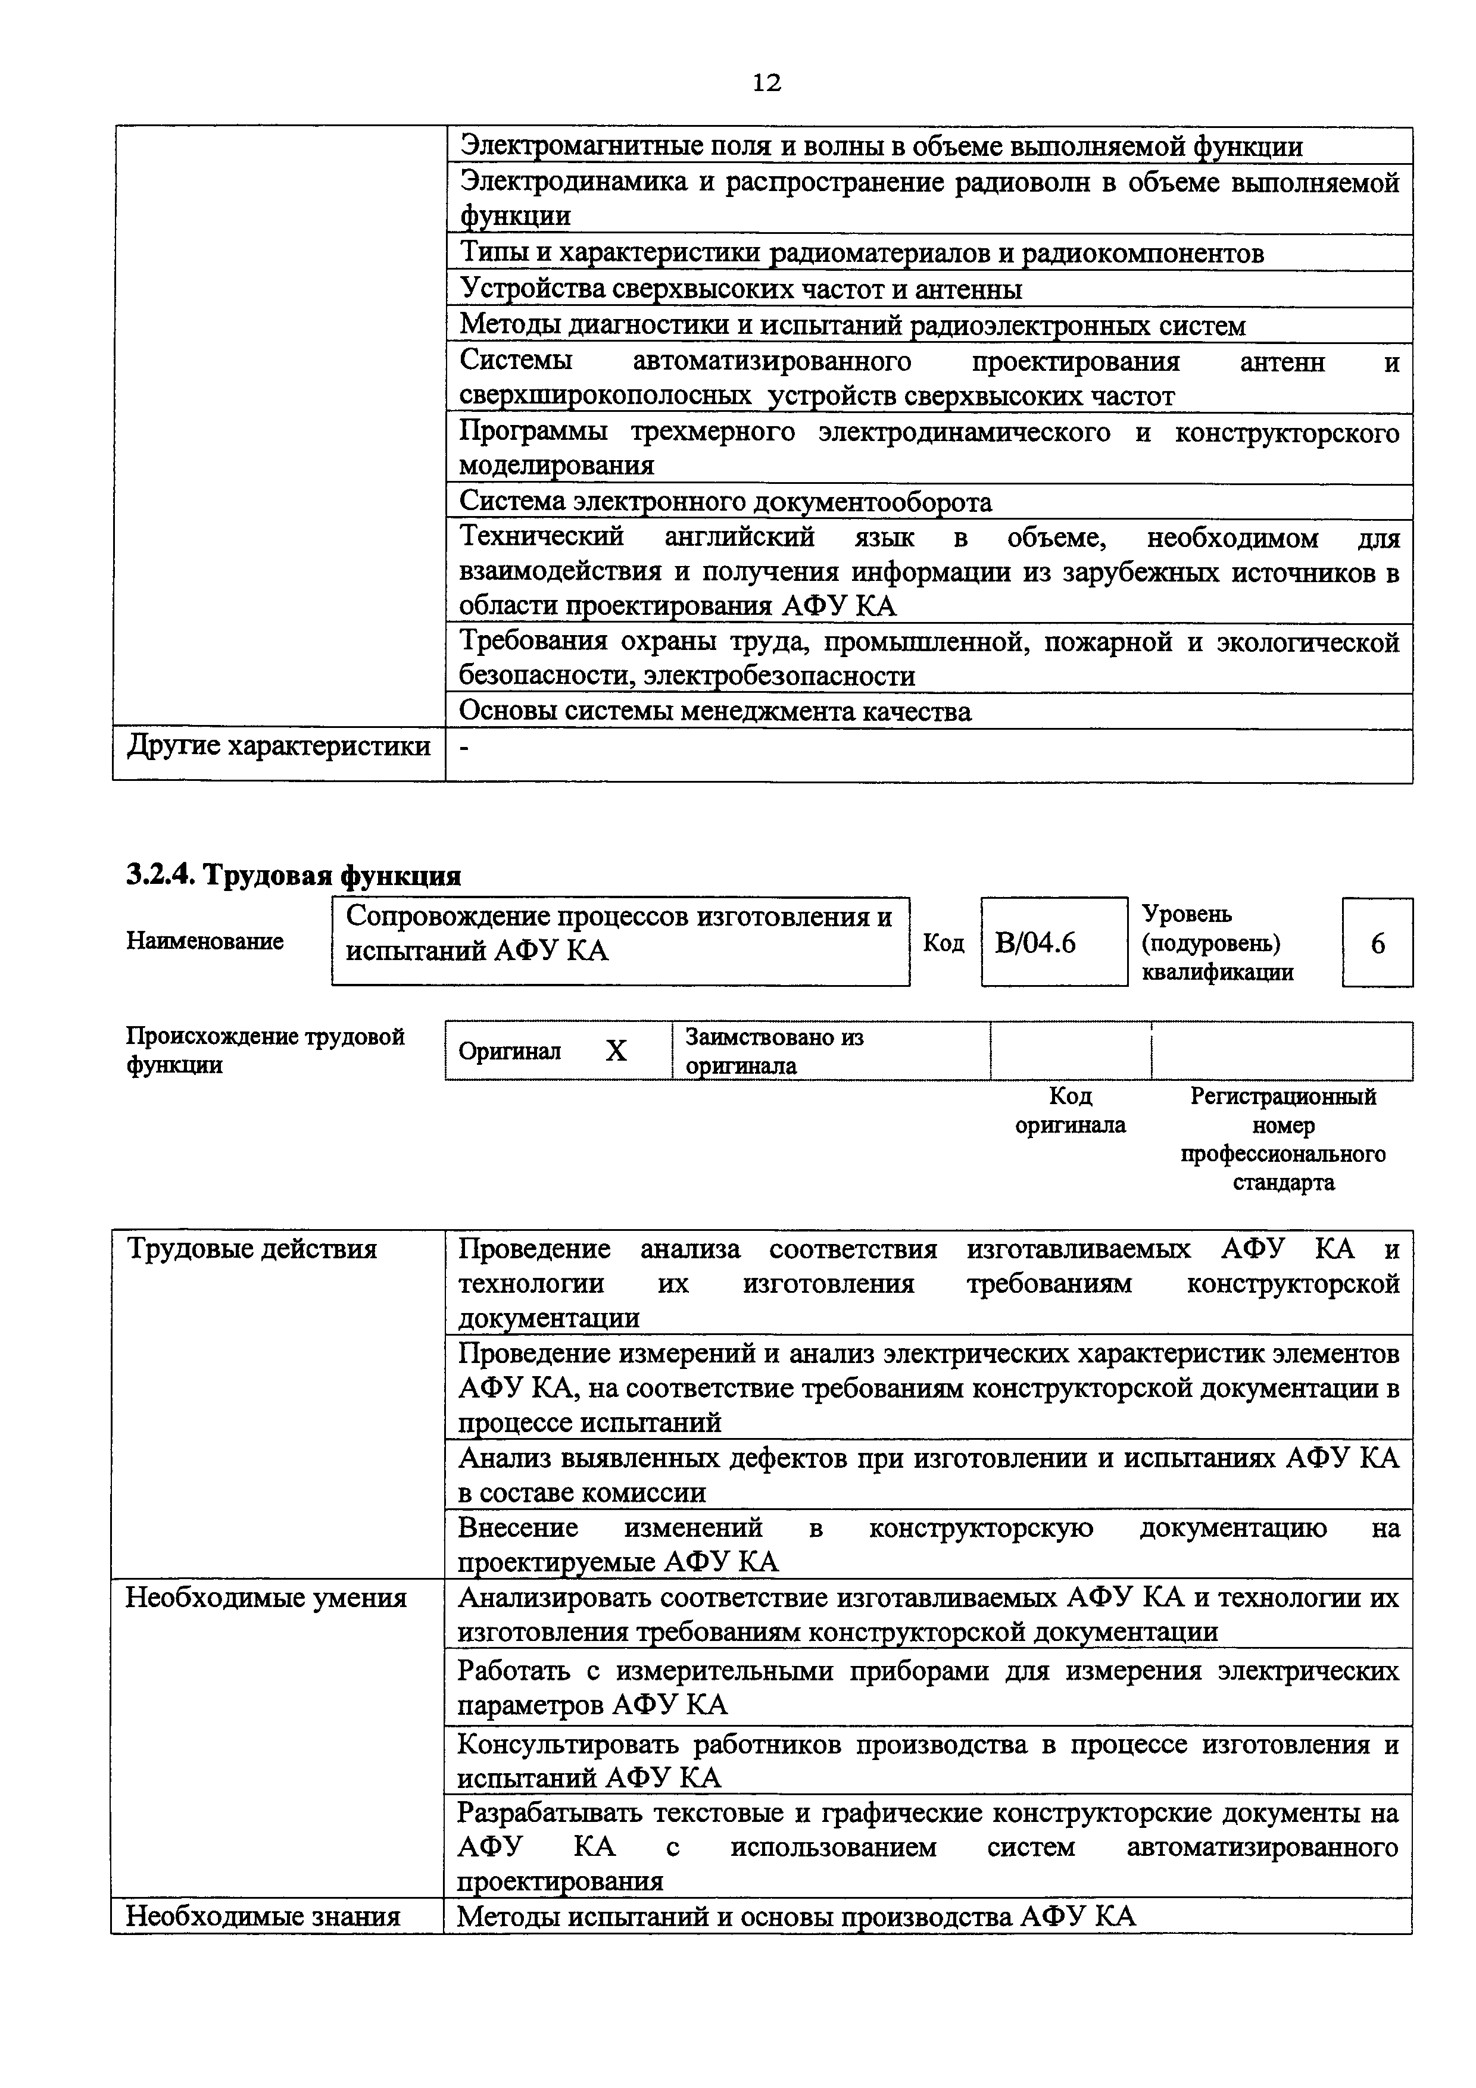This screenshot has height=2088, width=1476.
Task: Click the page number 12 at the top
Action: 767,83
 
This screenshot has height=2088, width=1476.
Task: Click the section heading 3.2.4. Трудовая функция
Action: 293,875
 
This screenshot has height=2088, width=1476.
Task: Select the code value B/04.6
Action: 1035,943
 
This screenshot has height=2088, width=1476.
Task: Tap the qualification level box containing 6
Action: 1377,943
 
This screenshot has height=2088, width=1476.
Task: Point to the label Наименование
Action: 205,940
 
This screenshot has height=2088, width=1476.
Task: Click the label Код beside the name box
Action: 943,943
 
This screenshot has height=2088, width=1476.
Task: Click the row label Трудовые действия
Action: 251,1249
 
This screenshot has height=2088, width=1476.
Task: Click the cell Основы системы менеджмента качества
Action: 715,711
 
